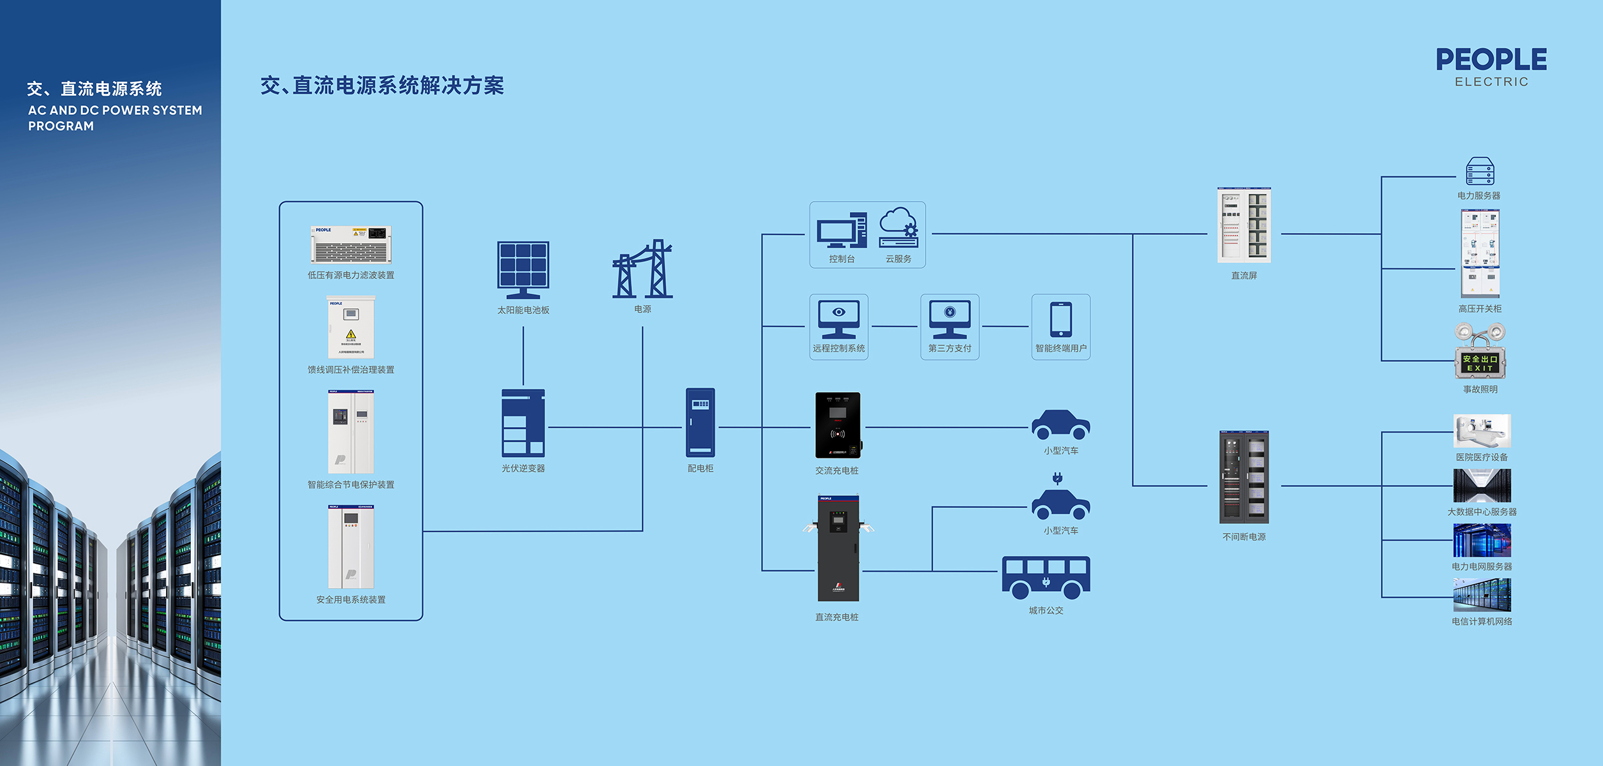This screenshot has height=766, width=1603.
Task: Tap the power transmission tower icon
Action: coord(642,269)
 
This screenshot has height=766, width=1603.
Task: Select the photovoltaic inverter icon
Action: coord(523,423)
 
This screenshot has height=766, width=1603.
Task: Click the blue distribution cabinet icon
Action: coord(700,423)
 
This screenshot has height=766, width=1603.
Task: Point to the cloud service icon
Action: coord(898,228)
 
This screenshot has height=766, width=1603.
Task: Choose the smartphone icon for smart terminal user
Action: coord(1060,319)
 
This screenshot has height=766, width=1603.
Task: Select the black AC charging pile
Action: coord(838,425)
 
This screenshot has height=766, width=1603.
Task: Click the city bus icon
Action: coord(1046,577)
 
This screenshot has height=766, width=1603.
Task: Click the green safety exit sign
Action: coord(1480,363)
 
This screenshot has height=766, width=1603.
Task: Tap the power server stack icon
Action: coord(1480,171)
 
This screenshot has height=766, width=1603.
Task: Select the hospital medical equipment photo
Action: coord(1482,431)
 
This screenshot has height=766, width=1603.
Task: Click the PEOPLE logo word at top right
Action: coord(1491,60)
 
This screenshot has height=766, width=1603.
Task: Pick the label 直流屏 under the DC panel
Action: coord(1244,276)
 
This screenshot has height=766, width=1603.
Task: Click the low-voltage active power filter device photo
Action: coord(351,244)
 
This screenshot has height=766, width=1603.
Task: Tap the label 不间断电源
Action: coord(1244,537)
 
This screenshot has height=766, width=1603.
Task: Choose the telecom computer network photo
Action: coord(1482,595)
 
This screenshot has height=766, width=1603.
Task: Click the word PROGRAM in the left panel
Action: coord(61,126)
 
